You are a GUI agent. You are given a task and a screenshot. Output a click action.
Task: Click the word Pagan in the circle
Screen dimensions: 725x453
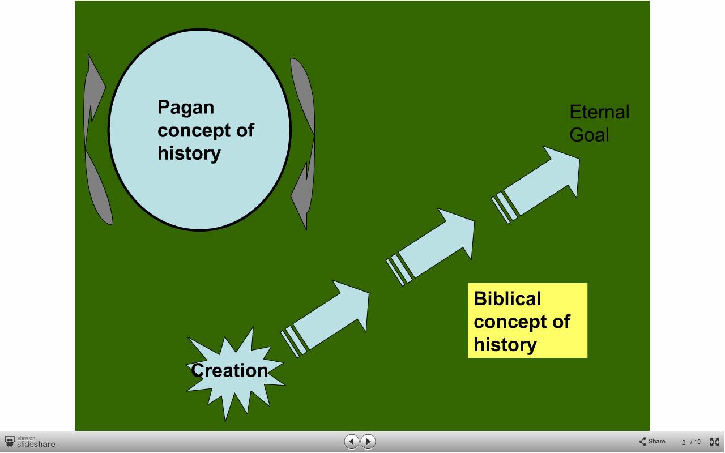coord(186,108)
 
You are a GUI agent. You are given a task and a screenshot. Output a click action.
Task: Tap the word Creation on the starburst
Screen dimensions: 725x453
coord(229,370)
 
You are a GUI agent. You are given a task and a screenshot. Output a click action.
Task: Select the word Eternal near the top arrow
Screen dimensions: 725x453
coord(599,112)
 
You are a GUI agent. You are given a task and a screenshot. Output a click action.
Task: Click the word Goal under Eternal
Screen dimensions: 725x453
coord(589,135)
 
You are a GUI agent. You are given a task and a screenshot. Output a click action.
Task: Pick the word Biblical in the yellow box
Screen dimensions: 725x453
coord(507,298)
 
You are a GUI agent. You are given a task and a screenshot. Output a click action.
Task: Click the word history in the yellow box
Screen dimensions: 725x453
coord(505,345)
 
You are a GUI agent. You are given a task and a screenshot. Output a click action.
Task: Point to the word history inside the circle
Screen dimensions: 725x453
coord(189,153)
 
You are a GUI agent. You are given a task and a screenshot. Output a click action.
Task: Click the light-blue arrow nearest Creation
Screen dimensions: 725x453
coord(325,319)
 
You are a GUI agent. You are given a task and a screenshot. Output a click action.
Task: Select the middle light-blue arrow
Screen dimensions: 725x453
coord(430,247)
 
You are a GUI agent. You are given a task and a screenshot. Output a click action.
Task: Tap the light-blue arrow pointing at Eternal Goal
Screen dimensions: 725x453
coord(536,185)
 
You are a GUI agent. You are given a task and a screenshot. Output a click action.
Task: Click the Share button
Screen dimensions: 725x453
coord(652,441)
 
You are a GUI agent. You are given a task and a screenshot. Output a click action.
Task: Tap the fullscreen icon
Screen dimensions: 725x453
coord(714,442)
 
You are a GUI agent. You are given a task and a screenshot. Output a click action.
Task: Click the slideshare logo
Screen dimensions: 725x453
coord(30,442)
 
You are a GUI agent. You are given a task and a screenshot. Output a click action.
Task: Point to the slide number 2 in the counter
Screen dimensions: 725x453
coord(683,442)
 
